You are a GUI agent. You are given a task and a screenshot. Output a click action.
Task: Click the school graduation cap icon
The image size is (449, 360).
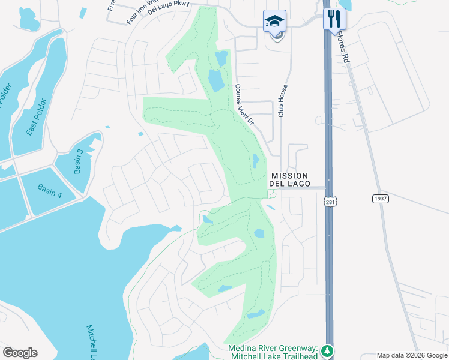click(274, 21)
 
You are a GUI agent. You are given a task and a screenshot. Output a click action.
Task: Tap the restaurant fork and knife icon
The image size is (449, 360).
click(334, 19)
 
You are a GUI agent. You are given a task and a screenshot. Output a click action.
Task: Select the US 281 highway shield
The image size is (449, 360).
click(331, 203)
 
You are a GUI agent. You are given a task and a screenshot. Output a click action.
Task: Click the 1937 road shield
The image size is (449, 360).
click(380, 199)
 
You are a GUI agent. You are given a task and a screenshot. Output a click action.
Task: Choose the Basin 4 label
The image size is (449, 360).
click(50, 191)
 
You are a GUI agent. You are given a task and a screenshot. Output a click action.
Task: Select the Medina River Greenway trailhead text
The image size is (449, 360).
click(273, 352)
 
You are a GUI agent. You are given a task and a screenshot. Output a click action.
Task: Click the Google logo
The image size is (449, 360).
click(20, 353)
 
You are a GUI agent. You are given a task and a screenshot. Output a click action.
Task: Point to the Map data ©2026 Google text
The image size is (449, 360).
click(411, 355)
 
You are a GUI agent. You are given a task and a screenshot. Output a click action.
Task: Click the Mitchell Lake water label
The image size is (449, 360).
click(91, 343)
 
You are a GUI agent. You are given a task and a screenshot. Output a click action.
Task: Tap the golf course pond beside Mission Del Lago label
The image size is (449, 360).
click(256, 161)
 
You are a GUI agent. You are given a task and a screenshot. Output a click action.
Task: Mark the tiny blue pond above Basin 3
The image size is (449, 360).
click(107, 127)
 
